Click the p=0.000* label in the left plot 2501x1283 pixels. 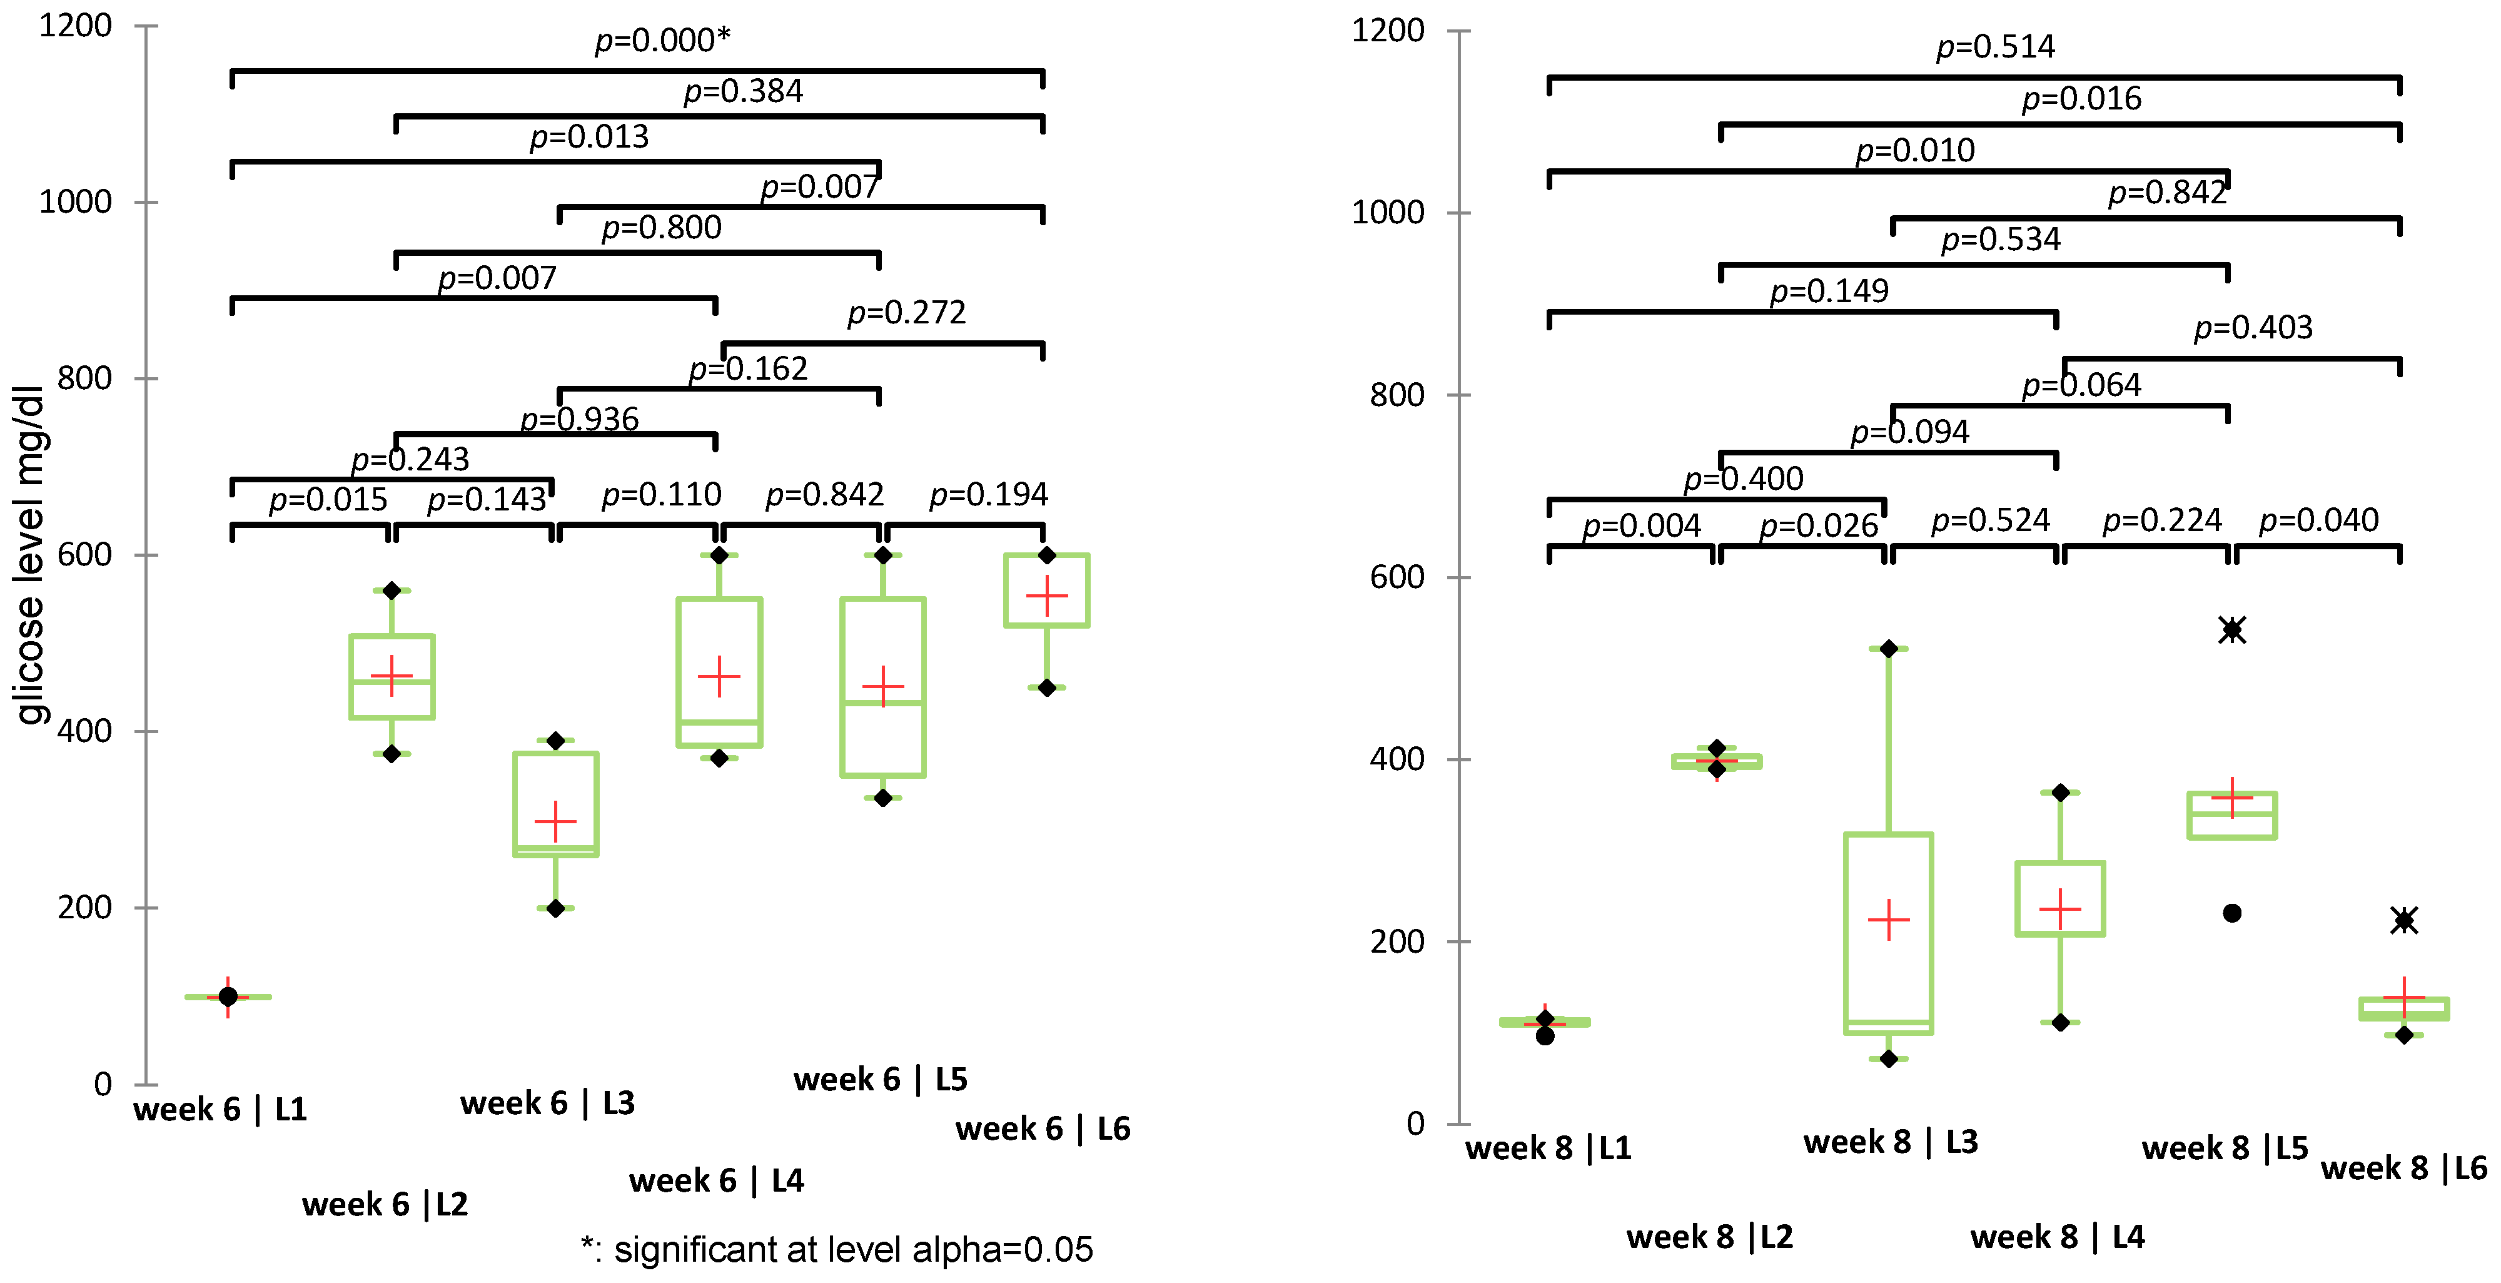662,40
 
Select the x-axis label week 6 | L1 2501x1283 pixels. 220,1109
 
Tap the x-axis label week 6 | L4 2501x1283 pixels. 717,1181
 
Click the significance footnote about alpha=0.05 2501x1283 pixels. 837,1250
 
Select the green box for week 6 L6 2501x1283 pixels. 1046,591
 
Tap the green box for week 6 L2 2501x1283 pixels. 392,677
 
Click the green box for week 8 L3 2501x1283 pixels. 1888,933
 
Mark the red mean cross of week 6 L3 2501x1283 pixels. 555,822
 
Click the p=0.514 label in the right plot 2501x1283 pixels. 1995,47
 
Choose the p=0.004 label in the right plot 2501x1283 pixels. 1641,525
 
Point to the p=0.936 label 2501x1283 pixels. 580,418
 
